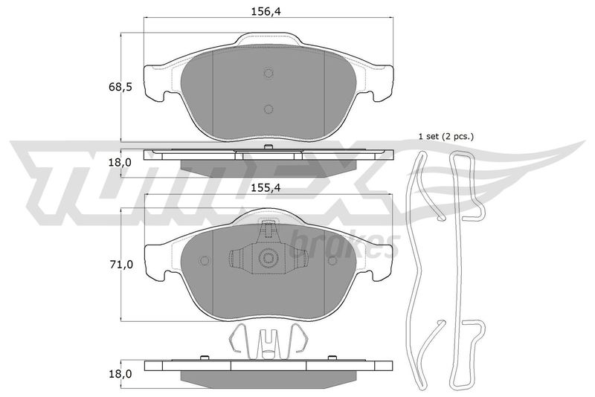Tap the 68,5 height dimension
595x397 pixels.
pyautogui.click(x=120, y=87)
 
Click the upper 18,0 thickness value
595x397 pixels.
pyautogui.click(x=120, y=163)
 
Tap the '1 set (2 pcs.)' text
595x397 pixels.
pyautogui.click(x=446, y=137)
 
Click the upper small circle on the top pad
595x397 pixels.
pyautogui.click(x=268, y=73)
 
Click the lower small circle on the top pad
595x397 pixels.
pyautogui.click(x=268, y=109)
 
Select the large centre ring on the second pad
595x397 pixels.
pyautogui.click(x=268, y=258)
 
